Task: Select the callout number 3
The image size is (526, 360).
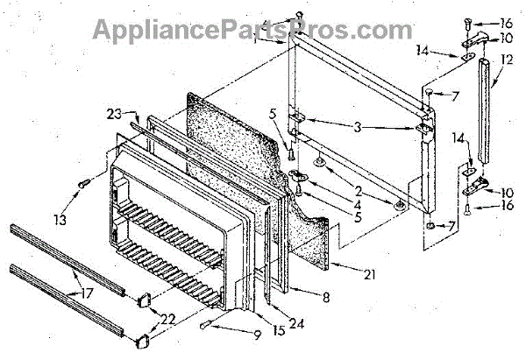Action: [357, 127]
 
